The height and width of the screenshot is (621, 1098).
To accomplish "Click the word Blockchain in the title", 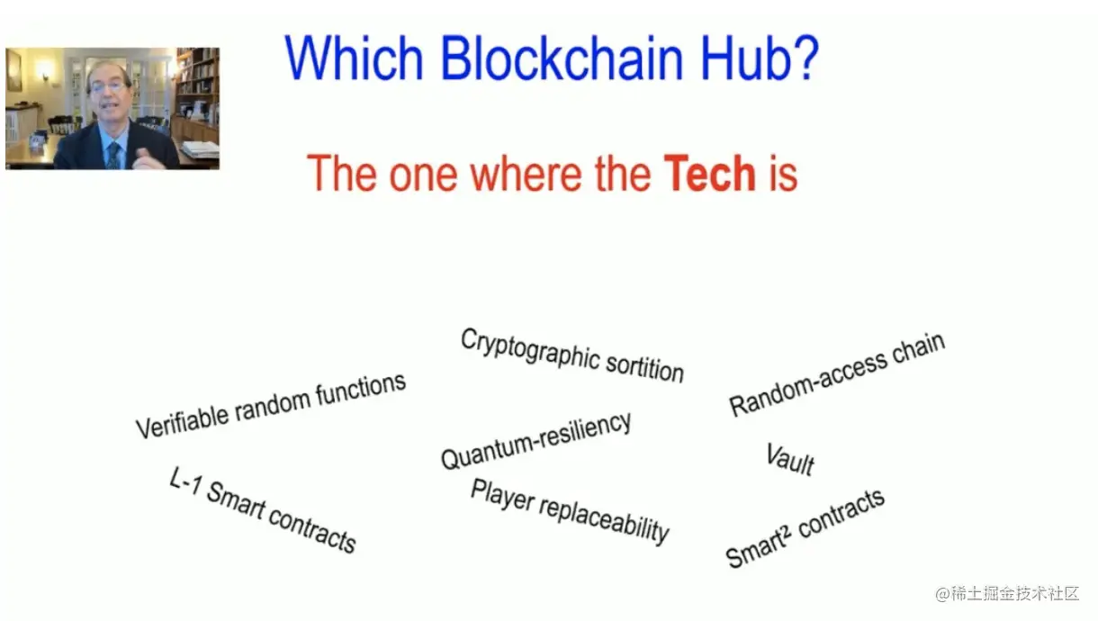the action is (x=562, y=58).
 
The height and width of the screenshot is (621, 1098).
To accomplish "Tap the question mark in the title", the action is (x=805, y=58).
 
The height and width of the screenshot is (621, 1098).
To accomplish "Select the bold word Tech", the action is (x=709, y=173).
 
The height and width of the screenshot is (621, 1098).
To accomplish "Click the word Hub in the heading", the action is (x=742, y=58).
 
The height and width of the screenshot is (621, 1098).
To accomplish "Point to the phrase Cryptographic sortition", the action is (x=572, y=355).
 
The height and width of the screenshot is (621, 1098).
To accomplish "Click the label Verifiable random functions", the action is (x=271, y=406).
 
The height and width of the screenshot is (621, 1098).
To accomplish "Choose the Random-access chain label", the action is (x=837, y=374).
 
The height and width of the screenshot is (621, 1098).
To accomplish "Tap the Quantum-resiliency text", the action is (x=535, y=440).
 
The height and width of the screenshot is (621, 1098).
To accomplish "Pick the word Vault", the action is (x=789, y=459).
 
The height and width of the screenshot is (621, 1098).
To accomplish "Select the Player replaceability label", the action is (x=569, y=511).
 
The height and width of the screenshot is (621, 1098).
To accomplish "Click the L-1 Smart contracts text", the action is (x=262, y=509).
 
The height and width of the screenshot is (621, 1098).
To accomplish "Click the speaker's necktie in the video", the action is (x=113, y=155).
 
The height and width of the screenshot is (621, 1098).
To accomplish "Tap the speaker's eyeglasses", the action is (x=107, y=87).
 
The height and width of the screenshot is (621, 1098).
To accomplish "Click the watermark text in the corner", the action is (x=1007, y=594).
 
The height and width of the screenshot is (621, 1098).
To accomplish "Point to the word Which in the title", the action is (x=354, y=58).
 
